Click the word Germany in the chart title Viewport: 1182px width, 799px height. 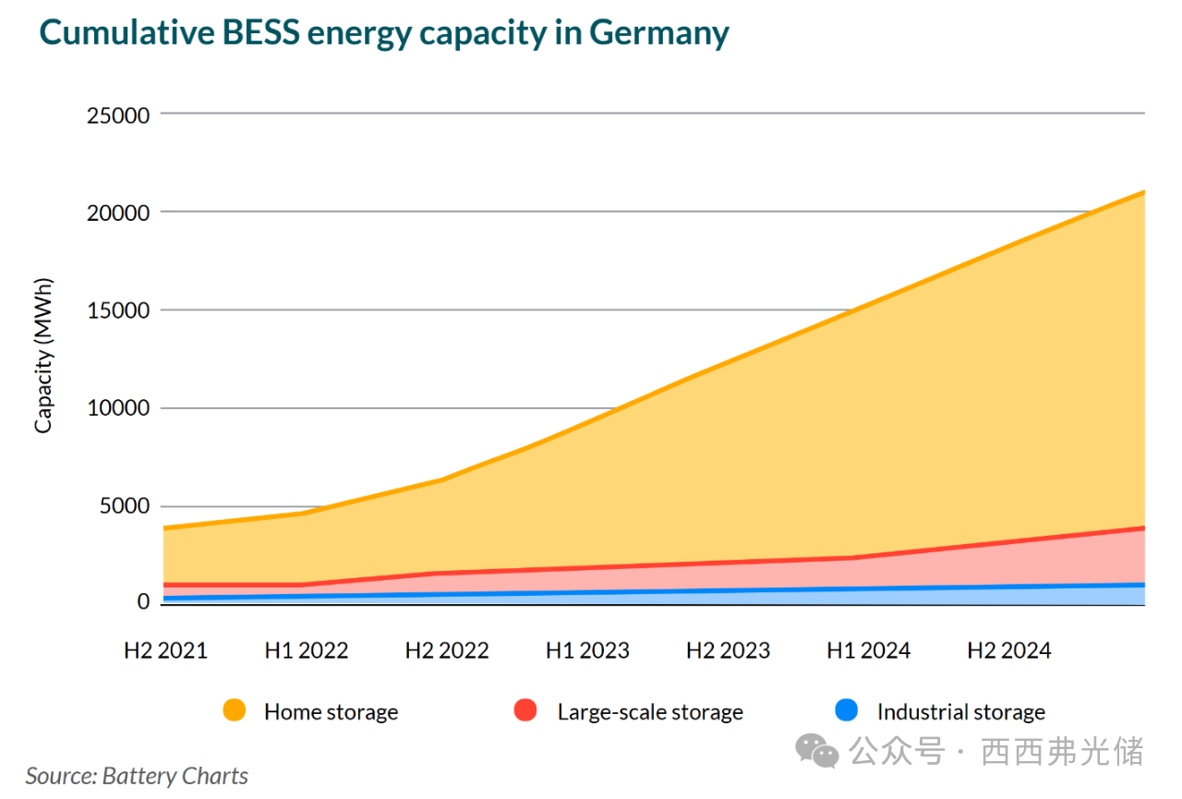[x=659, y=33]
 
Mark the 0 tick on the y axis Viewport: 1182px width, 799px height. [x=143, y=602]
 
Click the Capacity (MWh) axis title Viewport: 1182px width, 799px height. [x=43, y=356]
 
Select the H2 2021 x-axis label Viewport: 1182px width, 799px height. [x=166, y=651]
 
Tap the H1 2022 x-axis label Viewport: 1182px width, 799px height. [x=307, y=651]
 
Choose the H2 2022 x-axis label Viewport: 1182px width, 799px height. [x=447, y=651]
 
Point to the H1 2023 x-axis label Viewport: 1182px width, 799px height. [x=587, y=651]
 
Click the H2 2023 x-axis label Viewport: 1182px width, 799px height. [x=728, y=651]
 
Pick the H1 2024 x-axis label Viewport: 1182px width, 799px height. [x=868, y=651]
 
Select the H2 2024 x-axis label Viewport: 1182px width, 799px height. [x=1008, y=651]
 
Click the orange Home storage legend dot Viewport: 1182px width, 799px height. [x=235, y=711]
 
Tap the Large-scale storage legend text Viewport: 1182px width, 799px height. [x=650, y=712]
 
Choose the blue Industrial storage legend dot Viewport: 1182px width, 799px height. [x=847, y=711]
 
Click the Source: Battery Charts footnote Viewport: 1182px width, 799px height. [x=137, y=776]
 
